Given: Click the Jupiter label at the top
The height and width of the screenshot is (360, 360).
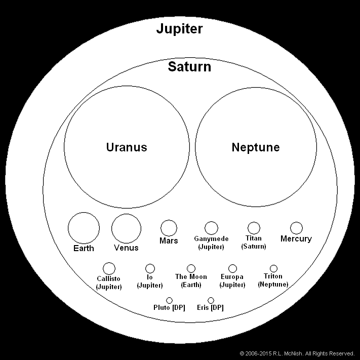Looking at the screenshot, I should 180,29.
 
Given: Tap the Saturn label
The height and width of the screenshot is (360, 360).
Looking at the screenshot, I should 189,67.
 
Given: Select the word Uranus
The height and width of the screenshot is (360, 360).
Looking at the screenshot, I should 127,147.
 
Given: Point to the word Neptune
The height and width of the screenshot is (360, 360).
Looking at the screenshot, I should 256,147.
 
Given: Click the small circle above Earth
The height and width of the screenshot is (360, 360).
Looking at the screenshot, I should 84,228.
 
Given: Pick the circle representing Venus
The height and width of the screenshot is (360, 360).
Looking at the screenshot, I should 127,228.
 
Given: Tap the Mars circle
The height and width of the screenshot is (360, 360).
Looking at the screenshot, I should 169,227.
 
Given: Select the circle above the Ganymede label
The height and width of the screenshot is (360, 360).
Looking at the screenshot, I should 211,228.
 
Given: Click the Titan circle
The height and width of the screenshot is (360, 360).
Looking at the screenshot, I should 254,228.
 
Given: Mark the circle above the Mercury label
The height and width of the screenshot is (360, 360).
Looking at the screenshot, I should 296,228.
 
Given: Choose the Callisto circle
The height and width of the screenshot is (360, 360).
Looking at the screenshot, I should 109,268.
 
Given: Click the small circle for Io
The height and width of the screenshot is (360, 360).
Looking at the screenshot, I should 150,268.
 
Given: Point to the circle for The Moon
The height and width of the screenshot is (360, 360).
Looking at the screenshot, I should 191,268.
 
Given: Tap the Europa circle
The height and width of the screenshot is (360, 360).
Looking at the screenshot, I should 232,268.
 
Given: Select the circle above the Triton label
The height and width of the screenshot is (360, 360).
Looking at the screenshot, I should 273,268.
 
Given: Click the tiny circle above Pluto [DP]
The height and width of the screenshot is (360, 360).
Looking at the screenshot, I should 169,301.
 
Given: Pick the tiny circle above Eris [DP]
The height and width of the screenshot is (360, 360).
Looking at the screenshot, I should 211,301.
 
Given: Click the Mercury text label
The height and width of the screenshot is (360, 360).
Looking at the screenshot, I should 296,239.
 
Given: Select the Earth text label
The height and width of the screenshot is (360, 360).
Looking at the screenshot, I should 84,249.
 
